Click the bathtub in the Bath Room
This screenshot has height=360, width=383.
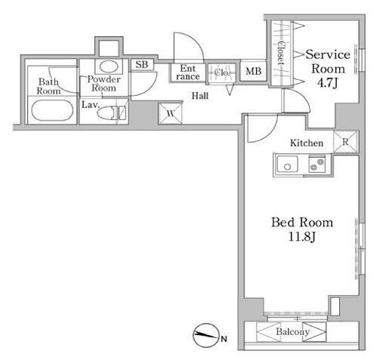tap(52, 110)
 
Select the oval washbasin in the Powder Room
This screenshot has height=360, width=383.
tap(109, 66)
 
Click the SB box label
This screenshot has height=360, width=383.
tap(142, 64)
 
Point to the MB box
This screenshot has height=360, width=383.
tap(253, 71)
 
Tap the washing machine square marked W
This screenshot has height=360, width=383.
tap(171, 113)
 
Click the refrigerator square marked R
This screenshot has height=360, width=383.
tap(345, 142)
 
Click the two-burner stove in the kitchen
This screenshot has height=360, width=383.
tap(317, 164)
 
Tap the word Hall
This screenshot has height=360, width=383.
tap(200, 96)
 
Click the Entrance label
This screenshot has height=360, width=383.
tap(188, 72)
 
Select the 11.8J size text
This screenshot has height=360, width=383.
tap(302, 236)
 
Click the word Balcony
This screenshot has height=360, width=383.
tap(292, 331)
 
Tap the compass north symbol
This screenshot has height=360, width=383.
tap(205, 335)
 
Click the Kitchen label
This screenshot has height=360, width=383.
tap(307, 143)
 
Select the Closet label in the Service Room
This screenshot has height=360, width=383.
tap(280, 53)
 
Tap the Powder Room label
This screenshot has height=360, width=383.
tap(103, 84)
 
